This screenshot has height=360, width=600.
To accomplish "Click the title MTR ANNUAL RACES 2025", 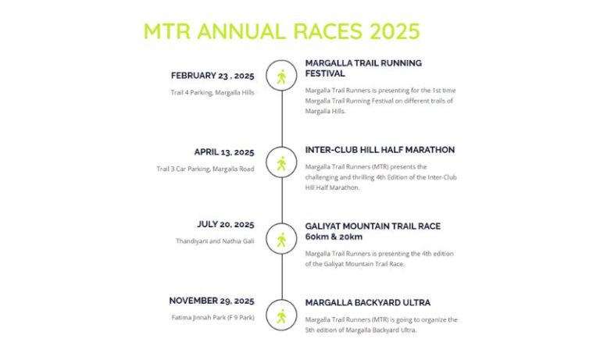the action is (x=281, y=31).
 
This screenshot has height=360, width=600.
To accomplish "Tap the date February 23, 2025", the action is (x=212, y=76).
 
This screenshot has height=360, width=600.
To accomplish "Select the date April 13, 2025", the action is (x=224, y=152).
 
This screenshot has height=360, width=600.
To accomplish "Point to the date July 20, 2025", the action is (x=225, y=225).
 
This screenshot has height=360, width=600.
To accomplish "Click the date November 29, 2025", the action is (x=212, y=301).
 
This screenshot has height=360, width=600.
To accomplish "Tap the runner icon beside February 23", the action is (x=281, y=76).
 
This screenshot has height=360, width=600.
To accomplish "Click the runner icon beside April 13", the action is (x=281, y=163).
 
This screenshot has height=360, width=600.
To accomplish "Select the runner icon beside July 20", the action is (x=281, y=240).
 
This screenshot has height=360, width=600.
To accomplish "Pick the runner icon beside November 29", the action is (x=281, y=316).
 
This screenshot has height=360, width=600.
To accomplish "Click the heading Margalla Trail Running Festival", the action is (x=363, y=68).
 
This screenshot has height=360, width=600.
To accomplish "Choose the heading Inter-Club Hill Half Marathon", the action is (x=380, y=150).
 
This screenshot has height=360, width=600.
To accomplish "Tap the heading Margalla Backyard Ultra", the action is (x=367, y=303).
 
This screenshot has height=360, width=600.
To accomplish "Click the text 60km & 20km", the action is (x=334, y=237).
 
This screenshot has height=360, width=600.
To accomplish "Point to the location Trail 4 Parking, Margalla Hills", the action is (x=212, y=93).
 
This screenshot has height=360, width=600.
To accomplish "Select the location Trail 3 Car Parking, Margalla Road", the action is (x=205, y=169).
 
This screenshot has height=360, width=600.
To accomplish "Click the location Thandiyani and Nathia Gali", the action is (x=215, y=241).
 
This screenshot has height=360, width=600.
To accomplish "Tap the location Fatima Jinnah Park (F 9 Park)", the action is (x=212, y=318).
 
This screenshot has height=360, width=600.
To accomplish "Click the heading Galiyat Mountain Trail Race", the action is (x=373, y=226).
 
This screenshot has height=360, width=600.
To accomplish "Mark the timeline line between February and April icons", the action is (x=282, y=119).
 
